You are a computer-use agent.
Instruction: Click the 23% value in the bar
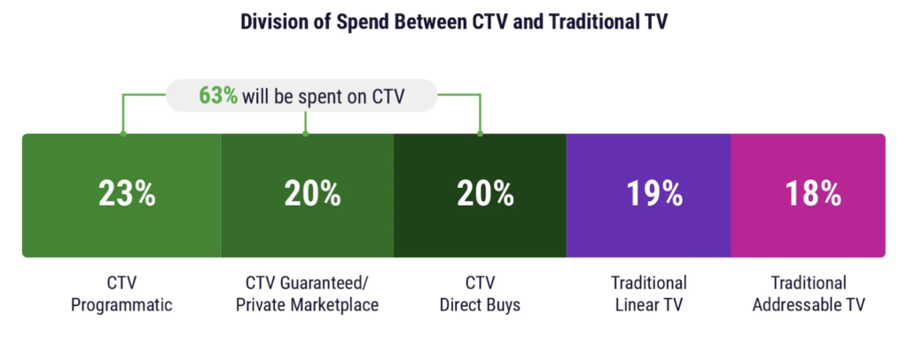tap(128, 194)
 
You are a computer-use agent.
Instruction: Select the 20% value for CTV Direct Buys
tap(484, 194)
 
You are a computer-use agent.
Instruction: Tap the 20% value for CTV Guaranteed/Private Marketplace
tap(312, 194)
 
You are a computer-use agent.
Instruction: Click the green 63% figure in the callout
tap(218, 95)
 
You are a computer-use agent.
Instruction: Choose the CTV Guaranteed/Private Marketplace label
tap(311, 294)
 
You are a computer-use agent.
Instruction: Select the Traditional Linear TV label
tap(648, 294)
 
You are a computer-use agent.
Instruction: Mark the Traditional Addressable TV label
tap(808, 294)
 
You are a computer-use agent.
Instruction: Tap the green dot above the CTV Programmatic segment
tap(123, 134)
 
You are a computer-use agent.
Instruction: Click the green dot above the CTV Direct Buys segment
tap(480, 134)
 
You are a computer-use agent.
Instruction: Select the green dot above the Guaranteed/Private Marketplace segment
tap(305, 134)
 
